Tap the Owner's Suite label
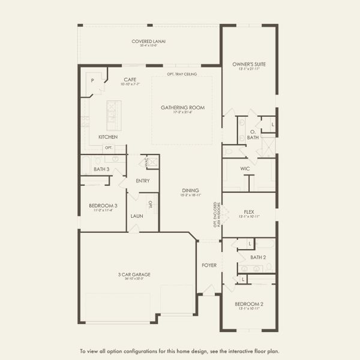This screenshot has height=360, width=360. [249, 64]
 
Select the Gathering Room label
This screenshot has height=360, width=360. [182, 108]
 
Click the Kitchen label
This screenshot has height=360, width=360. [108, 137]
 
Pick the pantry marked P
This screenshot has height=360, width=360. [93, 80]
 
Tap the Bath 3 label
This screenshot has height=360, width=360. [102, 169]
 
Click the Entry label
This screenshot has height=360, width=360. [143, 181]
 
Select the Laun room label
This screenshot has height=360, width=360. [137, 215]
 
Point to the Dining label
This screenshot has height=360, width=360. [190, 190]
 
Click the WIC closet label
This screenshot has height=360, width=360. [245, 169]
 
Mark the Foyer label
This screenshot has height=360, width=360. [209, 265]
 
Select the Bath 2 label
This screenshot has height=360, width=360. [258, 257]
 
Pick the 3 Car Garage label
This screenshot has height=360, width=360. [134, 274]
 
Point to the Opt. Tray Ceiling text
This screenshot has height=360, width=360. [182, 74]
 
